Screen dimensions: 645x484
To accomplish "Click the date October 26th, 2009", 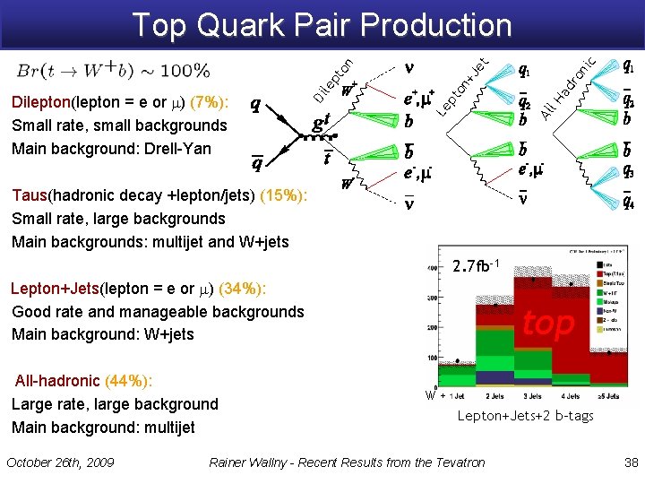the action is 60,462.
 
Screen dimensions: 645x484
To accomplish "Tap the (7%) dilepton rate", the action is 212,102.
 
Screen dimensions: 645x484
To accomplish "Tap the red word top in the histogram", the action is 547,323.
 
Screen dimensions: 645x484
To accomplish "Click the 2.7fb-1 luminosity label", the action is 475,266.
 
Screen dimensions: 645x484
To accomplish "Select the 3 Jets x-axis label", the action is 535,395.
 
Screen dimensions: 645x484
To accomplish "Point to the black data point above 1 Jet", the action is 457,362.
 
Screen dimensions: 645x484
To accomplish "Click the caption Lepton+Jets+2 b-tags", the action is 525,416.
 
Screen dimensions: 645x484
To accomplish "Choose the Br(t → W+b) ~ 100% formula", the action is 113,71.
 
